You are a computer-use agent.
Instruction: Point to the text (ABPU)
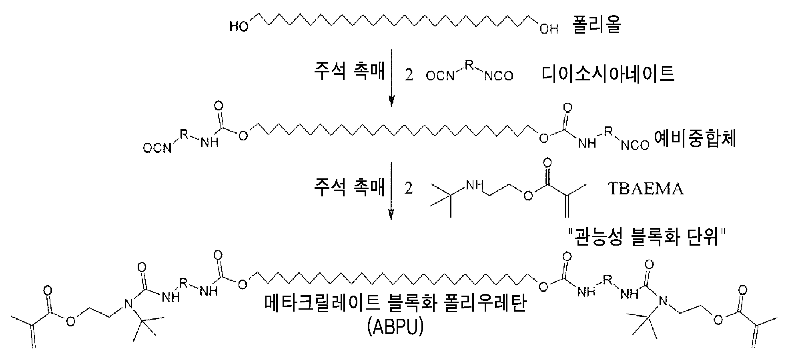point(394,328)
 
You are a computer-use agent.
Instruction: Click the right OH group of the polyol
point(549,28)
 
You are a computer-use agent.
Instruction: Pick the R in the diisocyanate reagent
point(469,63)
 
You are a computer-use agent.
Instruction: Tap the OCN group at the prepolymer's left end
point(158,149)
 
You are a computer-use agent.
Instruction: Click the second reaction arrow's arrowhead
point(392,214)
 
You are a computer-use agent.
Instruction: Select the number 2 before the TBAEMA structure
point(409,189)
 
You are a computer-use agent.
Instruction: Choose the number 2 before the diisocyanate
point(409,76)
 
